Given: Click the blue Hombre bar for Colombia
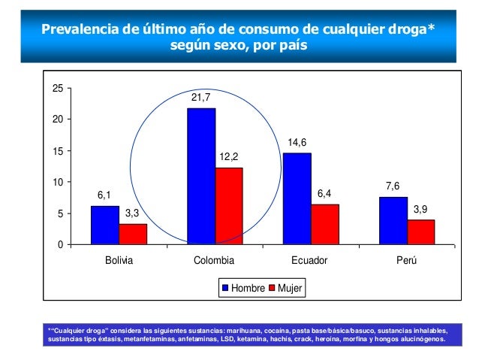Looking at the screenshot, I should [201, 177].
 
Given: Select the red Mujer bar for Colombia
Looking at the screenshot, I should [229, 206].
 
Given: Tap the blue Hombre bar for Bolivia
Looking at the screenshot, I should [105, 225].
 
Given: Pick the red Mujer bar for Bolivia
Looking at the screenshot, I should [133, 234].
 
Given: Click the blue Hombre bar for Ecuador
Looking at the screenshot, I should [297, 199].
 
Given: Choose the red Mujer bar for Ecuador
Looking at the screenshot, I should [325, 225].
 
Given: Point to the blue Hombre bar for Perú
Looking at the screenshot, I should [393, 221].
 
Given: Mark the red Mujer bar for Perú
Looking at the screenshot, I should [421, 232].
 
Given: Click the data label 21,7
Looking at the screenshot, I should [201, 98].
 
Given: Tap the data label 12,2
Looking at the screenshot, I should [229, 157].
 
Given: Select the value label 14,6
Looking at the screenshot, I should [297, 141].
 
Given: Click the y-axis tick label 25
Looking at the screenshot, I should [57, 89].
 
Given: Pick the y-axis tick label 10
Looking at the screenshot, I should [57, 183].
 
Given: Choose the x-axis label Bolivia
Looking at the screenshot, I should [119, 261].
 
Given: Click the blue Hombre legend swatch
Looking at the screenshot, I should [224, 288].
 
